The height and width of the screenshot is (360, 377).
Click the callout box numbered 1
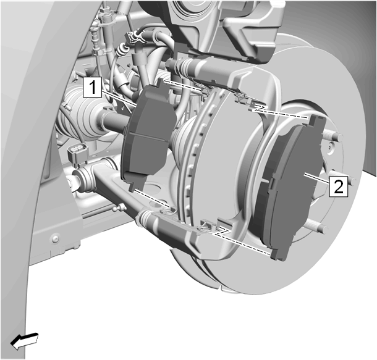(92, 87)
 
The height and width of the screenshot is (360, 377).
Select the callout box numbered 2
(339, 186)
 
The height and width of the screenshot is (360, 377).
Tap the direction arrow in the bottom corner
(24, 341)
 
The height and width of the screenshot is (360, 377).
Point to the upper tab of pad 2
(315, 120)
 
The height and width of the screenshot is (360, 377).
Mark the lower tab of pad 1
(133, 186)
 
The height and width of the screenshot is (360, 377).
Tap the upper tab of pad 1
(161, 83)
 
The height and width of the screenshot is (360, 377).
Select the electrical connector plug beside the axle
(78, 154)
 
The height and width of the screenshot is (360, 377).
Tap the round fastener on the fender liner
(55, 238)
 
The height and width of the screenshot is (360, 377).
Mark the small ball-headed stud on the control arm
(120, 207)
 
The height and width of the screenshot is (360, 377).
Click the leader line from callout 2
(317, 179)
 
